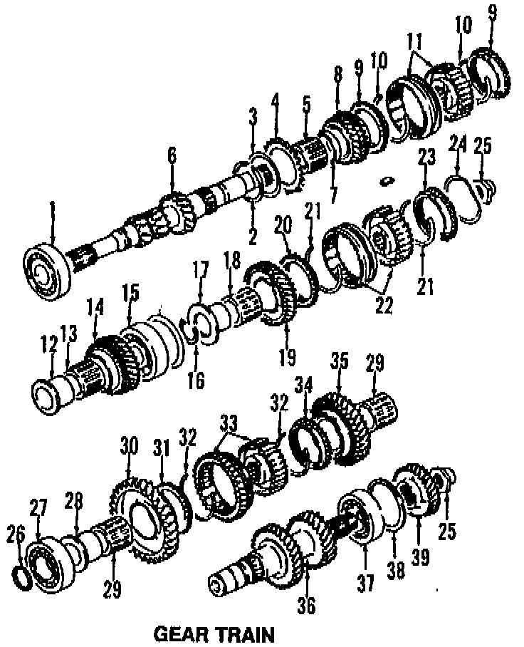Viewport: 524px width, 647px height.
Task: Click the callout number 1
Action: tap(52, 207)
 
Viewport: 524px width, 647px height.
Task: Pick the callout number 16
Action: tap(194, 381)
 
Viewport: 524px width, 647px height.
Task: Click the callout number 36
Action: tap(308, 605)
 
